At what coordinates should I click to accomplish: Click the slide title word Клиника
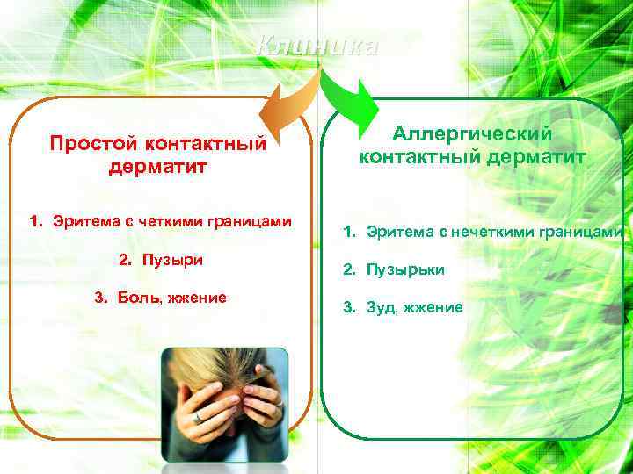318,47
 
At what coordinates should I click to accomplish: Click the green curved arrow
347,96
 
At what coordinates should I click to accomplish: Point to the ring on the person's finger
199,416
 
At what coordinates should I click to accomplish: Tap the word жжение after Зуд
431,307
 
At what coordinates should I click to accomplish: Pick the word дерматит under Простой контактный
159,165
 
